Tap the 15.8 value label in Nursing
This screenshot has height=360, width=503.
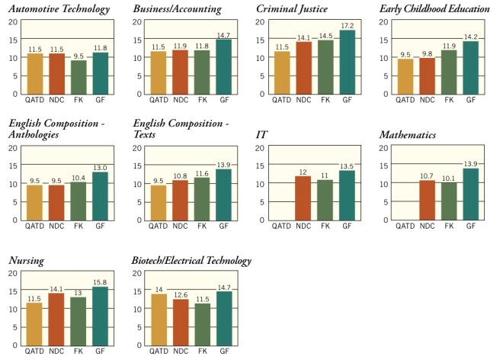pyautogui.click(x=100, y=281)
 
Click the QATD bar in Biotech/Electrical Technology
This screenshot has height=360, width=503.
pyautogui.click(x=159, y=320)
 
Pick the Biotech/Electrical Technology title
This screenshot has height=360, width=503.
pyautogui.click(x=192, y=261)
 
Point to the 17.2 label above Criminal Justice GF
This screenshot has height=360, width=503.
pyautogui.click(x=348, y=26)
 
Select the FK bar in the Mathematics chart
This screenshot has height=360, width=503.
pyautogui.click(x=449, y=201)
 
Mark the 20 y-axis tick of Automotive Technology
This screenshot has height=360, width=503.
pyautogui.click(x=12, y=21)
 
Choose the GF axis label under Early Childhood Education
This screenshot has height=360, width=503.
pyautogui.click(x=472, y=101)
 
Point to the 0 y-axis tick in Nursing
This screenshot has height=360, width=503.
pyautogui.click(x=14, y=346)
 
